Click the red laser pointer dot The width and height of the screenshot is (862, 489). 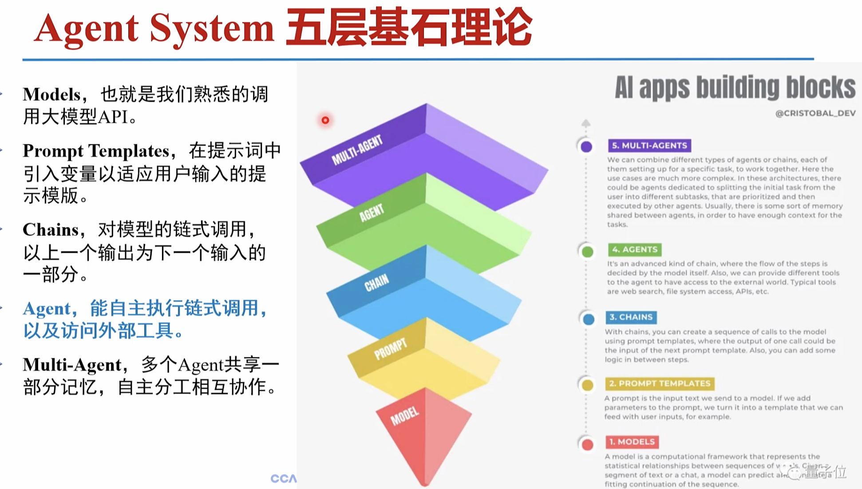pos(325,120)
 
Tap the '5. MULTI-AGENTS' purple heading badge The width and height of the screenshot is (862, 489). pos(649,146)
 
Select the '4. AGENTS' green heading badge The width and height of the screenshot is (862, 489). pos(634,249)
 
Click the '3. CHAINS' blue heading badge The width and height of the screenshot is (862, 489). pos(631,317)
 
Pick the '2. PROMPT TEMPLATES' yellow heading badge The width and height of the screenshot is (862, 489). pos(659,383)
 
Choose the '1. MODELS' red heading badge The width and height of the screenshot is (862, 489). pos(632,442)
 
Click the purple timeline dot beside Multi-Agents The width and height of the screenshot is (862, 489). pos(586,146)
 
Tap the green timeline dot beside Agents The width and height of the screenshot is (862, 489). pos(587,252)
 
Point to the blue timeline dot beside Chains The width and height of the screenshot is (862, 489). pos(589,319)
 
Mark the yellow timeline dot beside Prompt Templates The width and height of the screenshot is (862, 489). pos(587,385)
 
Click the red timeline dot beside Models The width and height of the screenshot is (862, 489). pos(587,445)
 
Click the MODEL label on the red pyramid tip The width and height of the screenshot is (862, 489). pos(404,416)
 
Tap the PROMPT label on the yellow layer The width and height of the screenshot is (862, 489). pos(390,349)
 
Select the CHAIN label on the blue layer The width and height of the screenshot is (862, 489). pos(376,283)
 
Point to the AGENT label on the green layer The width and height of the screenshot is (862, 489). pos(371,213)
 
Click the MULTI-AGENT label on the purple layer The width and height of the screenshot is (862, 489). pos(357,150)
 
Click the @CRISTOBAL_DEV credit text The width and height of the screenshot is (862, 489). pos(815,113)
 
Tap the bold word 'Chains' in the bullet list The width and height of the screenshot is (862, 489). pos(51,230)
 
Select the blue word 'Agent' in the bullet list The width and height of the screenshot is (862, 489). pos(47,308)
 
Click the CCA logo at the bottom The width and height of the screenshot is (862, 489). pos(283,478)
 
